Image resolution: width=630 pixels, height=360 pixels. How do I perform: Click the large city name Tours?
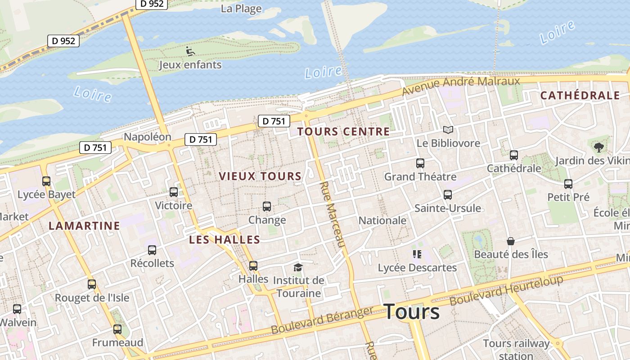coord(411,311)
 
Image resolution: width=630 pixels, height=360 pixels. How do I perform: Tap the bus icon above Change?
coord(267,207)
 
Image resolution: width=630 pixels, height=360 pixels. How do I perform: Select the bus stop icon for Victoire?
coord(174,192)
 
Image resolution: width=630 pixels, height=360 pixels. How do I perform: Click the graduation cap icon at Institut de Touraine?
coord(298,267)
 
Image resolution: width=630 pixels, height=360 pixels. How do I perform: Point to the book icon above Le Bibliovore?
coord(448,130)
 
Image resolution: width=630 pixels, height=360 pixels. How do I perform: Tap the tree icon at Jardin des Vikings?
coord(598,147)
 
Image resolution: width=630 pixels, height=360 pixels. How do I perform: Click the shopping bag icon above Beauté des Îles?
coord(510,241)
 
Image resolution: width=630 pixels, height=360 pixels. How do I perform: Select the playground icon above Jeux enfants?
coord(190,51)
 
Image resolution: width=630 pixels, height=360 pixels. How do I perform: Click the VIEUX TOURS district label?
coord(260,176)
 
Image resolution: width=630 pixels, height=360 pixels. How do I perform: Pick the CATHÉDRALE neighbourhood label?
coord(580,95)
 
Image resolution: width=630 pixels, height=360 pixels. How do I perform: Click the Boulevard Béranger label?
coord(322,320)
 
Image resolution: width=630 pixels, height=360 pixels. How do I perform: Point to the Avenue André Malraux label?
coord(461,85)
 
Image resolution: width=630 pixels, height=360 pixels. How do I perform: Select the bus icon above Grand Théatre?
coord(420,163)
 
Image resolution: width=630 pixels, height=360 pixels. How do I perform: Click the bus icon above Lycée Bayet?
coord(46,181)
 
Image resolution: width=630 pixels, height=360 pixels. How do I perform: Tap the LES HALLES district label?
coord(225,239)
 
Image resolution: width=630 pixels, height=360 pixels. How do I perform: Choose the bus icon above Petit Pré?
coord(568,184)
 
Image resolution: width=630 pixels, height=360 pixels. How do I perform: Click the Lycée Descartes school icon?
coord(417,255)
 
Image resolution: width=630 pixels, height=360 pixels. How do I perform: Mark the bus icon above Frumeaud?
coord(117,329)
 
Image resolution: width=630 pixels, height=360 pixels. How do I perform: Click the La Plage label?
coord(241,9)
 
